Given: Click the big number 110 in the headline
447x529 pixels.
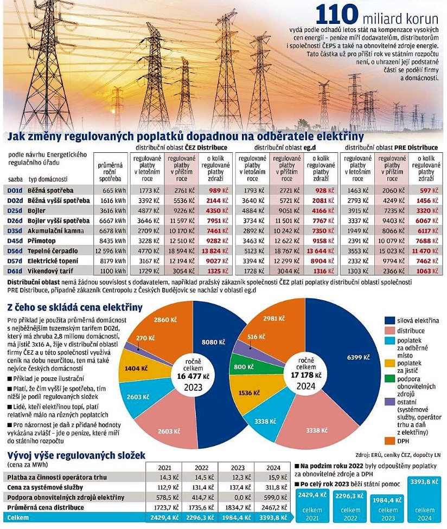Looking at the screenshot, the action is pyautogui.click(x=336, y=15).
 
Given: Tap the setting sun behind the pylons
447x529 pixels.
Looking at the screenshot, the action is pyautogui.click(x=113, y=110).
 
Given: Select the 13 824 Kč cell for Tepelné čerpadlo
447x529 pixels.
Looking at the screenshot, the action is pyautogui.click(x=215, y=251).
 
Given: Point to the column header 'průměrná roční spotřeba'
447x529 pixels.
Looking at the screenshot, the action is pyautogui.click(x=110, y=172).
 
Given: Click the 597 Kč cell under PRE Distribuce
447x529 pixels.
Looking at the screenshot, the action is pyautogui.click(x=429, y=191).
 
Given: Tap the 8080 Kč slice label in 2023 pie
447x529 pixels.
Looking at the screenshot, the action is pyautogui.click(x=213, y=342).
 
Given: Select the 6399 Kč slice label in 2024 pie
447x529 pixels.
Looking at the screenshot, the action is pyautogui.click(x=358, y=357).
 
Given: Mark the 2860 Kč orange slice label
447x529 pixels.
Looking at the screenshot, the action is pyautogui.click(x=165, y=319).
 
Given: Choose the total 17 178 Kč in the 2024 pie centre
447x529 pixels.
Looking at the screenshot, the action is pyautogui.click(x=306, y=375).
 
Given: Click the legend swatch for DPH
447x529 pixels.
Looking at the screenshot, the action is pyautogui.click(x=389, y=441).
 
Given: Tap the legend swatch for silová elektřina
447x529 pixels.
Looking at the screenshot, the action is pyautogui.click(x=389, y=320).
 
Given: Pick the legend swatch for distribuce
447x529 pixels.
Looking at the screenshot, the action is pyautogui.click(x=389, y=331).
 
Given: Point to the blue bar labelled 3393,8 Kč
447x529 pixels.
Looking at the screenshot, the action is pyautogui.click(x=424, y=499).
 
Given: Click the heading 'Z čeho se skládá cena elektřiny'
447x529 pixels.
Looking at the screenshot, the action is pyautogui.click(x=75, y=307).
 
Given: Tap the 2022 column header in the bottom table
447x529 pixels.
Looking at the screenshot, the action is pyautogui.click(x=202, y=468).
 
